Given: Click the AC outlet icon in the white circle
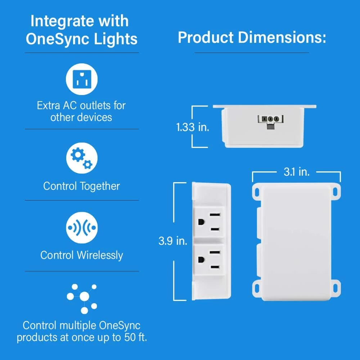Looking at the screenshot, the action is click(82, 79).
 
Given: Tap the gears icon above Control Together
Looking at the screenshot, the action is click(82, 158).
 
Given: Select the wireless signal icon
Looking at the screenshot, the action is click(82, 228).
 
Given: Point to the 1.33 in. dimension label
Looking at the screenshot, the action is click(193, 127).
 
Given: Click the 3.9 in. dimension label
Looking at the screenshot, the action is click(173, 241).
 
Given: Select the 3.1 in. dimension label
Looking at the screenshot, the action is click(297, 172).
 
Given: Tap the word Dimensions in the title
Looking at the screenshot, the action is click(282, 37).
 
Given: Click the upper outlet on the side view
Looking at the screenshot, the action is click(209, 222).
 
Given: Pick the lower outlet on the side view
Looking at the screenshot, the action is click(209, 260).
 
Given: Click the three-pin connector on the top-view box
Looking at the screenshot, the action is click(270, 121).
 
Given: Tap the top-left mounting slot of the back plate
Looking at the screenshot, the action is click(257, 192).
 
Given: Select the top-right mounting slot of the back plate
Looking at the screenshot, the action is click(336, 192).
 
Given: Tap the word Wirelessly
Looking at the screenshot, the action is click(100, 255).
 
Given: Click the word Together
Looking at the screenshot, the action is click(100, 186).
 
